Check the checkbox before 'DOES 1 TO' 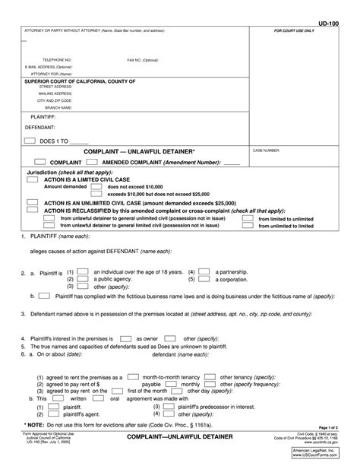pyautogui.click(x=29, y=141)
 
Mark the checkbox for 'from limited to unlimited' pyautogui.click(x=248, y=217)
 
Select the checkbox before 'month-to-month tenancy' pyautogui.click(x=132, y=376)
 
